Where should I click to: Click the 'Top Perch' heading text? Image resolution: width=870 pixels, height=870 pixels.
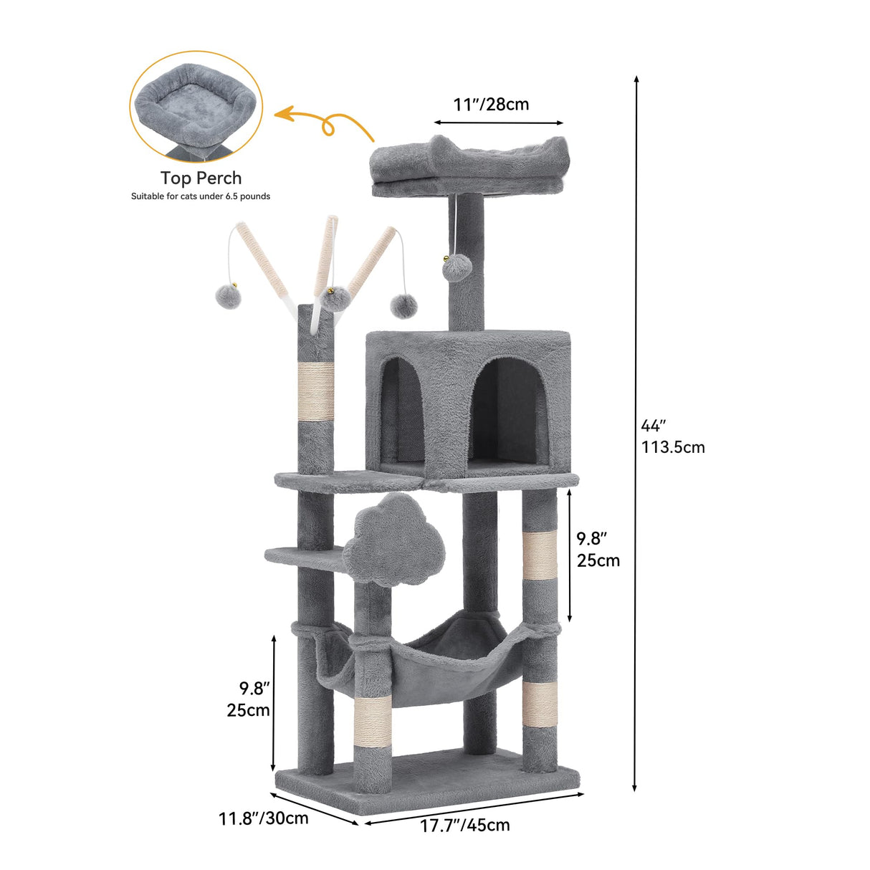point(201,178)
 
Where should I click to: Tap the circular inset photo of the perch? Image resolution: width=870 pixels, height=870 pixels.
point(196,106)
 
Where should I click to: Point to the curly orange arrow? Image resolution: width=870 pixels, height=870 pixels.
point(326,123)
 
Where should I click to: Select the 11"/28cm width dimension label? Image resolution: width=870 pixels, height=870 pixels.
point(491,105)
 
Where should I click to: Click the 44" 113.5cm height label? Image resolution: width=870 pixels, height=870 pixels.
point(672,436)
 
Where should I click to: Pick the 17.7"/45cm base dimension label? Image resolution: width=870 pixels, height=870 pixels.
point(464,826)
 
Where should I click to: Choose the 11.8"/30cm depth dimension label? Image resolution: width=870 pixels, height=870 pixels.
point(263,818)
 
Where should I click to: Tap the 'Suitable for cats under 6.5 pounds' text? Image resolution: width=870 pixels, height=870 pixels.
point(201,196)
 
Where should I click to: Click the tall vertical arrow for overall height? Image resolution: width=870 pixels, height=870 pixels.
point(635,433)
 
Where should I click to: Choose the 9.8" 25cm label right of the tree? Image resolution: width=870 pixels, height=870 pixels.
point(598,550)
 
